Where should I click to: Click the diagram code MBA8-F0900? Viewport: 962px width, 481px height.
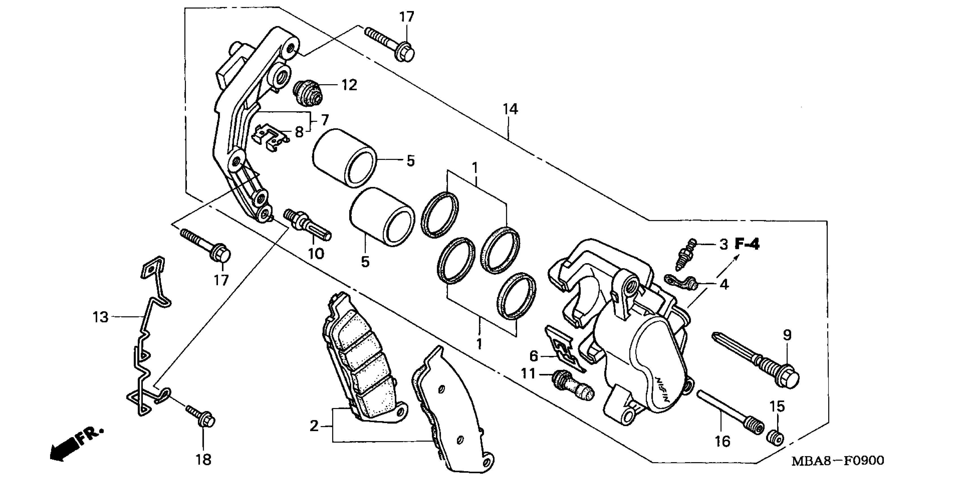pos(838,460)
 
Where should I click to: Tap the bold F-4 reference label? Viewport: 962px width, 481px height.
pos(747,244)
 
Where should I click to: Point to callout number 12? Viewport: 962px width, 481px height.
pos(349,85)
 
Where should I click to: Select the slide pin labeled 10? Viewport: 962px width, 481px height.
pos(307,226)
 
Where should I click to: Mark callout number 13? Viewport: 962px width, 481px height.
pos(100,317)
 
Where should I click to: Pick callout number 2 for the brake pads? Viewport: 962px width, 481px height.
pos(314,426)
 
